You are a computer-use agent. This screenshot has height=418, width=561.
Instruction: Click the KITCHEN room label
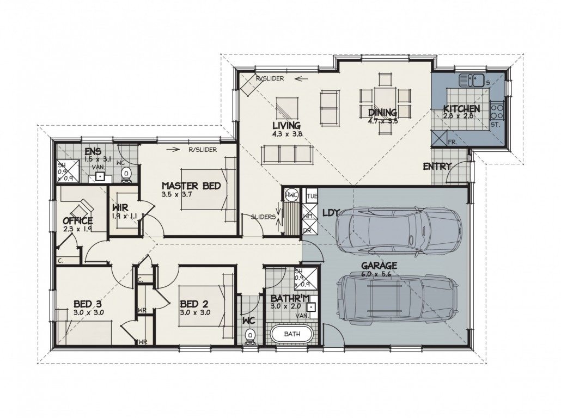(461, 108)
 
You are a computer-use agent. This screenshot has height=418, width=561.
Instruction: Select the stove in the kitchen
(497, 112)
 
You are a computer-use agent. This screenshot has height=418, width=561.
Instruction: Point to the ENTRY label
(437, 167)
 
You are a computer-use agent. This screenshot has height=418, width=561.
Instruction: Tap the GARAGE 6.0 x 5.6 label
(380, 270)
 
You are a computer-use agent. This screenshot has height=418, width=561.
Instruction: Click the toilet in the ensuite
(126, 174)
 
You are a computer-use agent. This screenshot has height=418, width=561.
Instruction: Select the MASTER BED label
(191, 186)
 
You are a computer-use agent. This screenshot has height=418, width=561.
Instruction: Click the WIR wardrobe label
(120, 208)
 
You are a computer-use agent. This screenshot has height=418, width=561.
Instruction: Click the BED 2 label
(194, 304)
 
